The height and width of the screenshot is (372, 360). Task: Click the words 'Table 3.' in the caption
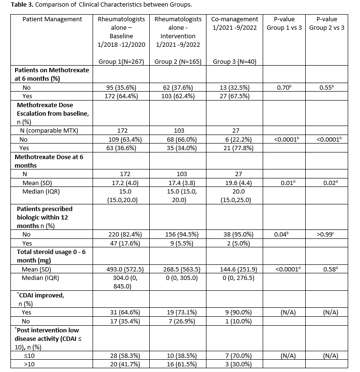pos(15,5)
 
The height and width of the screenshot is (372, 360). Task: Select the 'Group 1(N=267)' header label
pos(121,62)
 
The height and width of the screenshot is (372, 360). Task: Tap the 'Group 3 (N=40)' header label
pos(234,62)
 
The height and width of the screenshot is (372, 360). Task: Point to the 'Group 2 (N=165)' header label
pos(178,62)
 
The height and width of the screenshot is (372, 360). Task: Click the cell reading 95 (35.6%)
pos(121,87)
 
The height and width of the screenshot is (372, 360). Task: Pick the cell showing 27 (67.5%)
pos(234,96)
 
